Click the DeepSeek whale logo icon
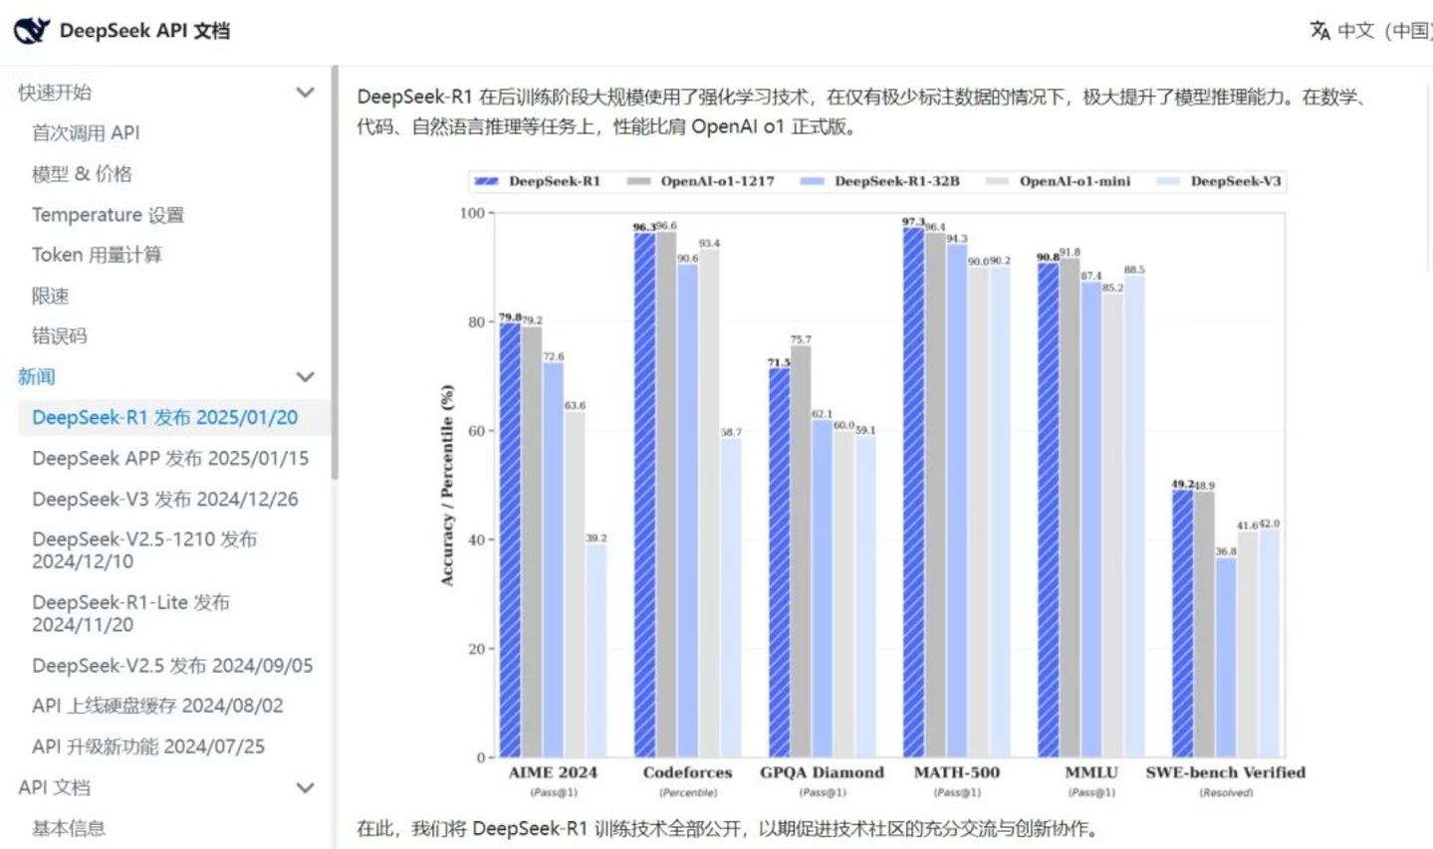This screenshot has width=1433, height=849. click(x=31, y=30)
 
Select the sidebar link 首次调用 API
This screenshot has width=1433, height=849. click(x=86, y=132)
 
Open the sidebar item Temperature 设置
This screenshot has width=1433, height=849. click(x=108, y=214)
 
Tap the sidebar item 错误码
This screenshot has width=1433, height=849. click(x=60, y=335)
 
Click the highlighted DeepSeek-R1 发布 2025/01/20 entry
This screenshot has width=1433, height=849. click(x=164, y=417)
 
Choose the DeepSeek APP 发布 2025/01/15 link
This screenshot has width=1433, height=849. click(x=170, y=458)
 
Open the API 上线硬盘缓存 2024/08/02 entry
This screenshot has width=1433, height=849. click(x=157, y=706)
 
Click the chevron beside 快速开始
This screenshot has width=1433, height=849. click(x=306, y=93)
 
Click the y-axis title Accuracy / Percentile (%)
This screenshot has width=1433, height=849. click(x=447, y=485)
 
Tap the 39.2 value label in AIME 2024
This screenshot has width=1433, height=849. click(x=596, y=537)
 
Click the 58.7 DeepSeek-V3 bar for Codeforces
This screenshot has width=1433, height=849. click(x=731, y=597)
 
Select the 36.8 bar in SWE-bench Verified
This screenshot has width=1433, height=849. click(x=1226, y=657)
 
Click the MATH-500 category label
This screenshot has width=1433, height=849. click(x=957, y=772)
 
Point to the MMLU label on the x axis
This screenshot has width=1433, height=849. click(x=1091, y=772)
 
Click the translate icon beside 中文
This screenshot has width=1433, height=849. click(x=1319, y=31)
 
